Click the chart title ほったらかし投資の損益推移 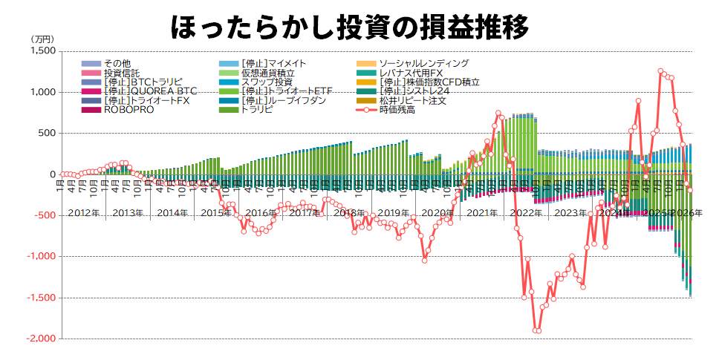(x=349, y=27)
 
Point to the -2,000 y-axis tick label (x=40, y=338)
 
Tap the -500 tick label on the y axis (x=44, y=215)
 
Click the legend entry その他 (x=117, y=64)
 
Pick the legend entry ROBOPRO (x=129, y=109)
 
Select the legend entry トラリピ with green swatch (x=256, y=109)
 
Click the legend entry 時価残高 (x=397, y=109)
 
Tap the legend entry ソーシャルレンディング (x=423, y=64)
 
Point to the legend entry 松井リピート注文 (x=412, y=100)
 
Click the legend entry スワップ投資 (x=267, y=82)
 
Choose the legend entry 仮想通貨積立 (x=268, y=73)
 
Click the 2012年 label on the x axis (x=83, y=213)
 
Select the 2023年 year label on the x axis (x=570, y=213)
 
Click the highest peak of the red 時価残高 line (x=660, y=71)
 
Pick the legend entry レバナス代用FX (x=411, y=73)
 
